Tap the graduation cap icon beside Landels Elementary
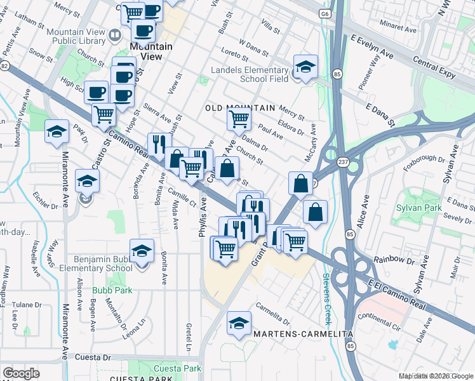(305, 67)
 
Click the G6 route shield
(326, 13)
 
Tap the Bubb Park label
(105, 291)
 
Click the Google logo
(21, 373)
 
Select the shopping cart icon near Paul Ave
(239, 118)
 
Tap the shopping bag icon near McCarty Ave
(300, 184)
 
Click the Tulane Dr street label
(25, 305)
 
